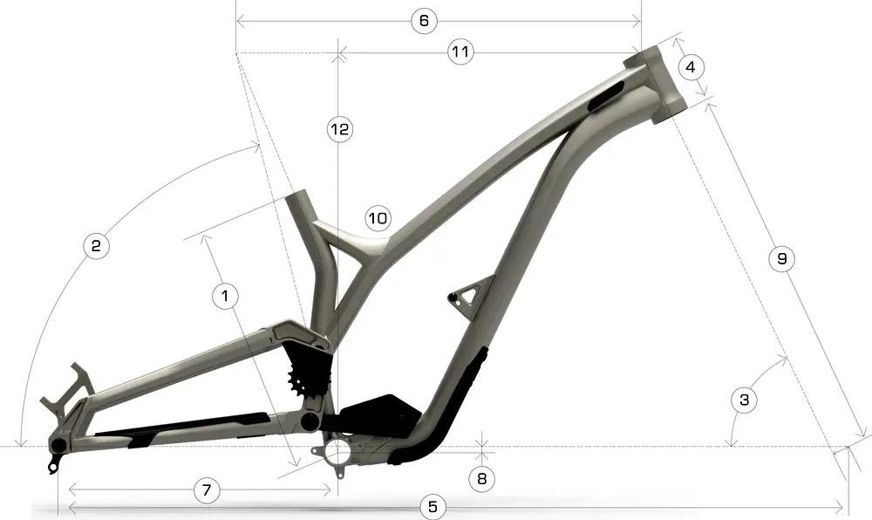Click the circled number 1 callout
click(225, 296)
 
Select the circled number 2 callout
click(96, 246)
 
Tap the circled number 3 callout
click(744, 400)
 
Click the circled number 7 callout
click(206, 490)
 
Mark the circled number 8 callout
click(482, 477)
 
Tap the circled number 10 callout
click(378, 218)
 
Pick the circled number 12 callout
click(338, 130)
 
